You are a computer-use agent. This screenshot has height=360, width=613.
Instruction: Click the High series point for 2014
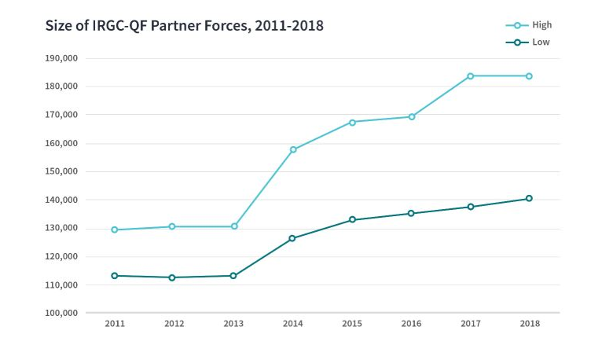(x=293, y=149)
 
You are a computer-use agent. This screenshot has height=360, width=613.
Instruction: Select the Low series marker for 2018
(x=529, y=198)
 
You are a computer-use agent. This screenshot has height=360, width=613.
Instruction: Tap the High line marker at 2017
(x=470, y=75)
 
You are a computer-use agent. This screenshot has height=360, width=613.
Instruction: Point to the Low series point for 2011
(x=115, y=275)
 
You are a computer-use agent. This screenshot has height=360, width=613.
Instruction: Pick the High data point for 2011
(x=115, y=230)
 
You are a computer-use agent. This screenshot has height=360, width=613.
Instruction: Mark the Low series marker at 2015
(x=352, y=219)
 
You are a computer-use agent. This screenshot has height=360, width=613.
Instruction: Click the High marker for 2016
(x=411, y=116)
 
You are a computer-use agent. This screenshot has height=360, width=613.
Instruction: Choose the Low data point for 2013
(x=233, y=275)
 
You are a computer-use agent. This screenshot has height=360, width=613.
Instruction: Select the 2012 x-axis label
(x=174, y=324)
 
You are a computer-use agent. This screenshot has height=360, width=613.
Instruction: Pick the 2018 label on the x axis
(x=529, y=324)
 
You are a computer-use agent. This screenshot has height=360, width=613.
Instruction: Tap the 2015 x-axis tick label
(x=352, y=324)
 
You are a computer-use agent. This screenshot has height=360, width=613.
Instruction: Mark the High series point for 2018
(x=529, y=75)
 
